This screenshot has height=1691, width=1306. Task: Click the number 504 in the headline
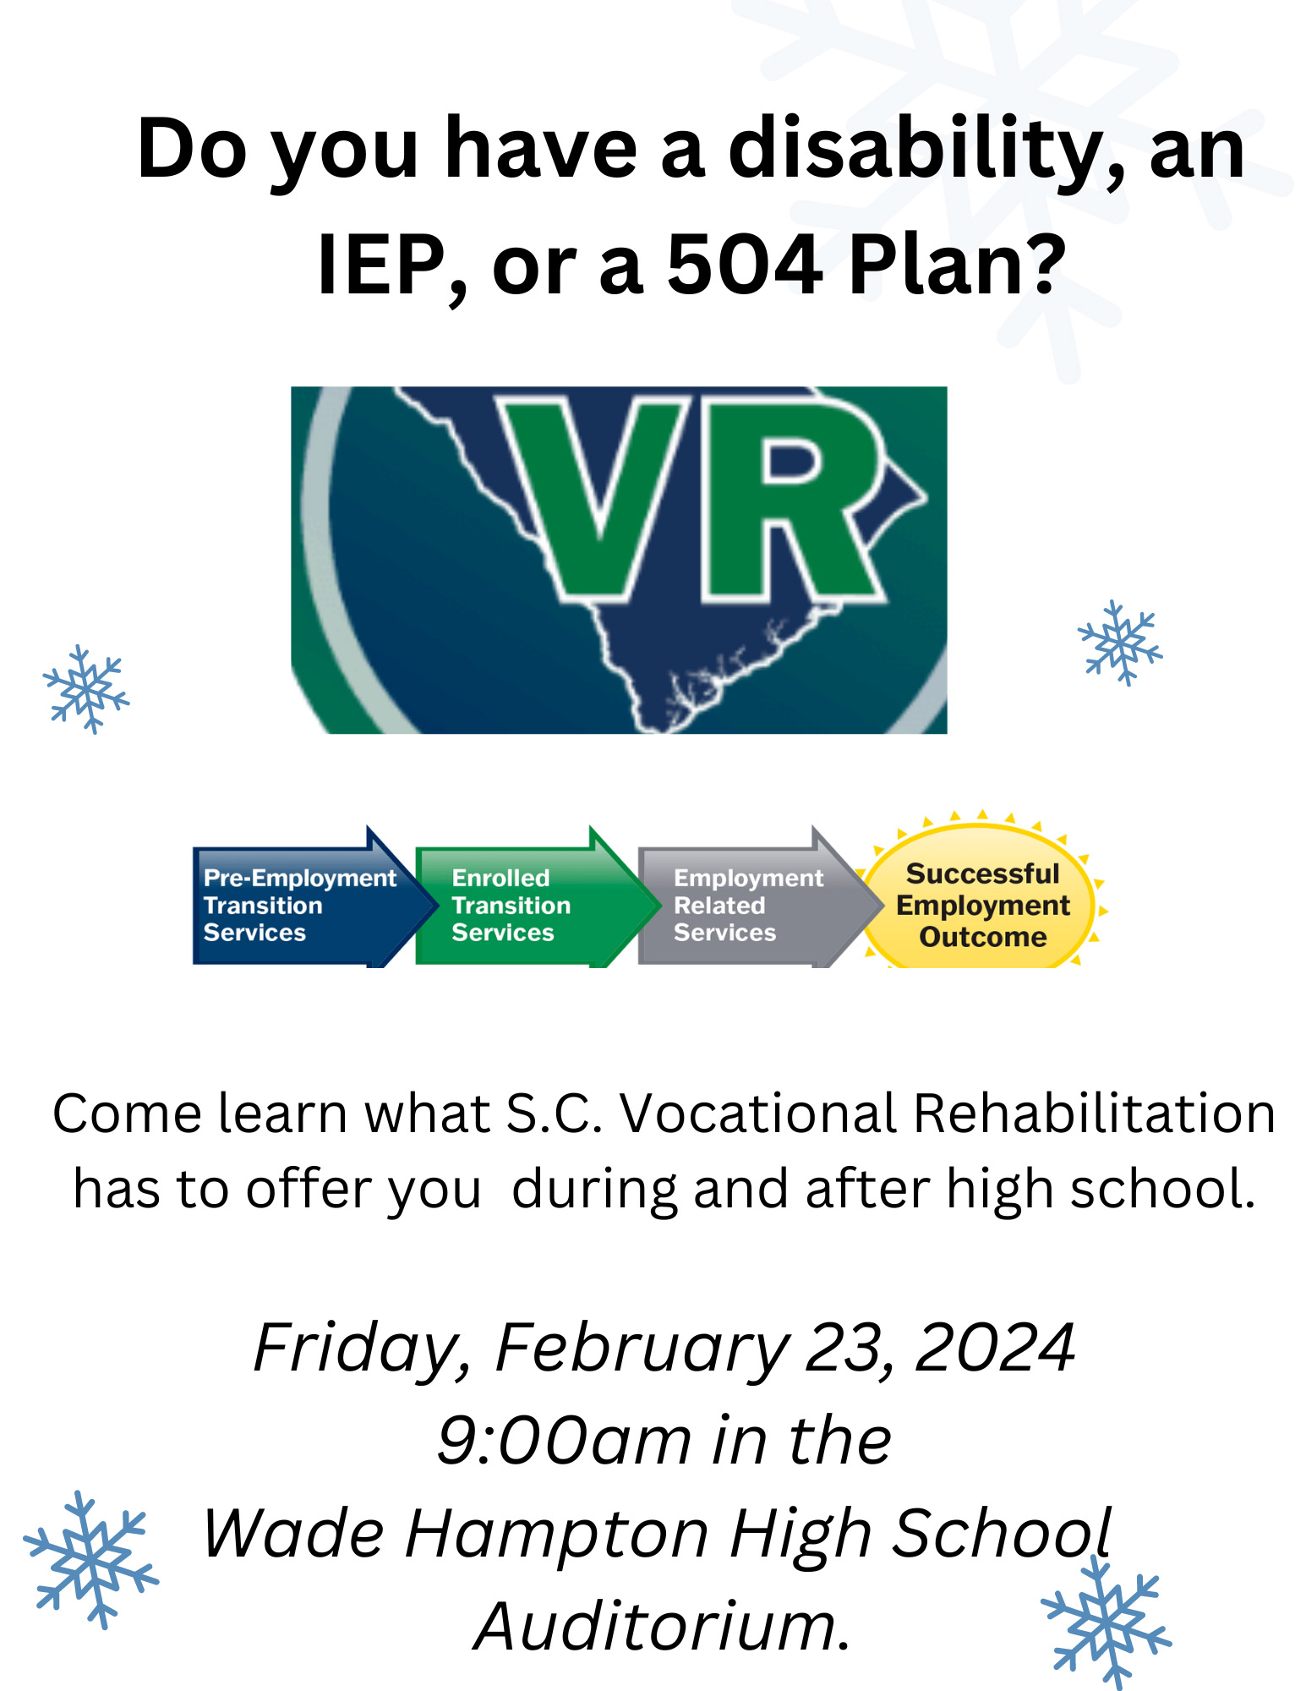pyautogui.click(x=744, y=265)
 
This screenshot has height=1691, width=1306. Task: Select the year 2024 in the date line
pyautogui.click(x=995, y=1348)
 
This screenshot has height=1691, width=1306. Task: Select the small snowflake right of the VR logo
pyautogui.click(x=1120, y=643)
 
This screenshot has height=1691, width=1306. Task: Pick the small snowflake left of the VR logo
pyautogui.click(x=86, y=689)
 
